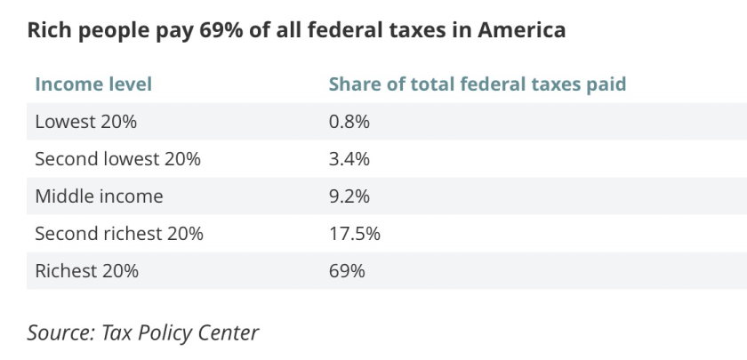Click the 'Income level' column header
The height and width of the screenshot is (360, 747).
click(93, 84)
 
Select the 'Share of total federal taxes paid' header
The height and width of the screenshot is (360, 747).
click(478, 84)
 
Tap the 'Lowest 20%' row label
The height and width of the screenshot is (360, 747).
click(85, 122)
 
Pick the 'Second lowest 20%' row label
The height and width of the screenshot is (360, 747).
click(117, 159)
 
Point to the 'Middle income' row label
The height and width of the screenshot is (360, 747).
click(99, 196)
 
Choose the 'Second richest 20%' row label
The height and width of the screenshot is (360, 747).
click(118, 234)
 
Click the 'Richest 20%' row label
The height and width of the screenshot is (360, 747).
click(86, 271)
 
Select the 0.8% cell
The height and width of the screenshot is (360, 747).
click(349, 122)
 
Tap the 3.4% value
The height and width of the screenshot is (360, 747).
click(349, 159)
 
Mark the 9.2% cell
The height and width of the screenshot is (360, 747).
click(349, 196)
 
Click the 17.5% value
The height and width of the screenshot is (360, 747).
click(354, 234)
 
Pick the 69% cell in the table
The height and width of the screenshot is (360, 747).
click(347, 271)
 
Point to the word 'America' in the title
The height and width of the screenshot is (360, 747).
click(522, 30)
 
